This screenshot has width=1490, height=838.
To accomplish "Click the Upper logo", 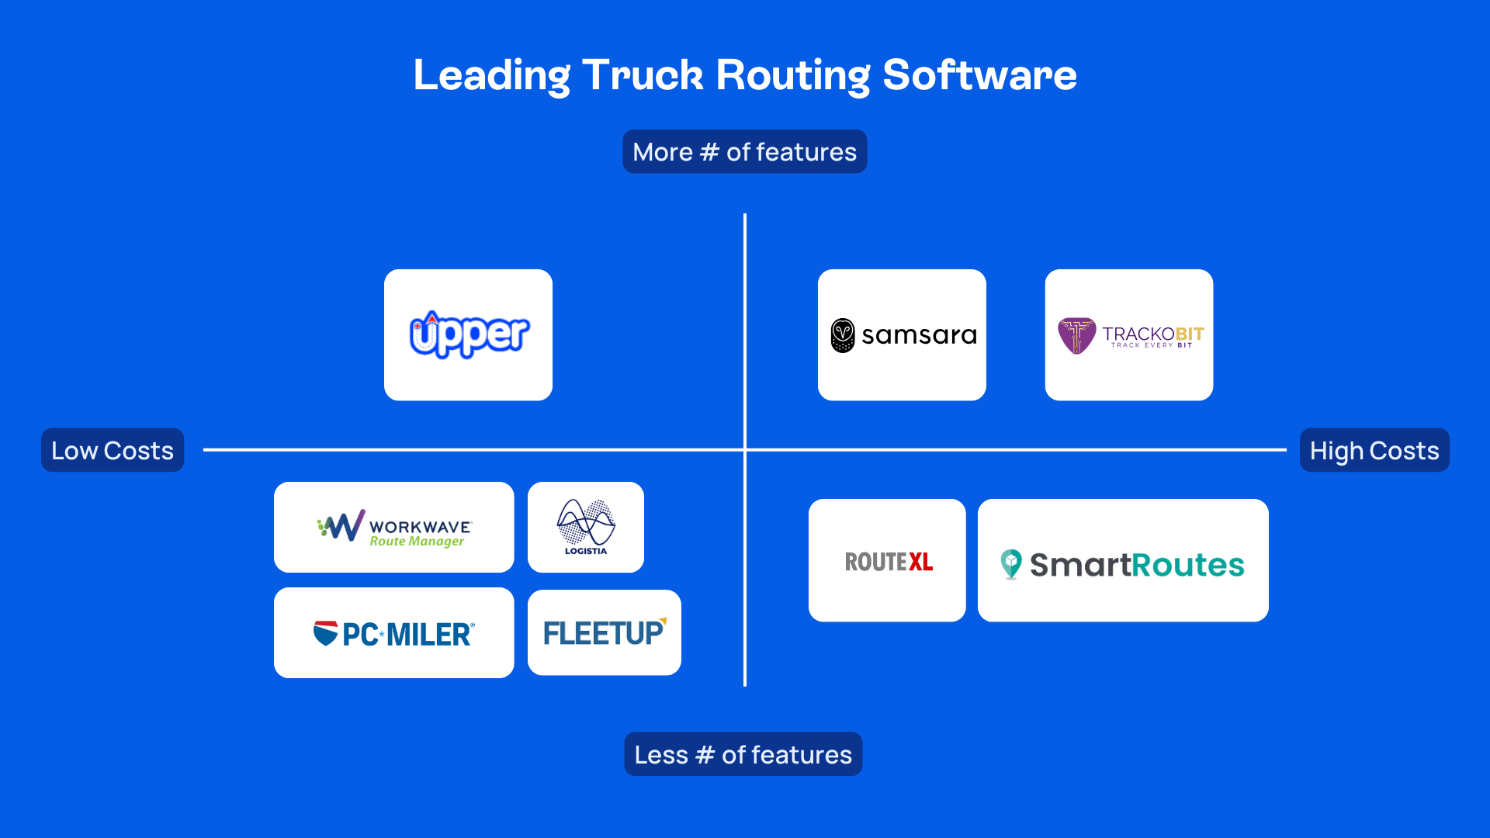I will coord(469,334).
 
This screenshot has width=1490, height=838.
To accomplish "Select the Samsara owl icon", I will coord(843,335).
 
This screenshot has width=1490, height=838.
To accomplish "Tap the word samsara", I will coord(919,335).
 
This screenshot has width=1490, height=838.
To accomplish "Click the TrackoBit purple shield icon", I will coord(1076,335).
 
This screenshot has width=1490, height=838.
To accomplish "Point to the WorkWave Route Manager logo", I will coord(394,528).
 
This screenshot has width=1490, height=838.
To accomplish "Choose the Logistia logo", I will coord(586,527).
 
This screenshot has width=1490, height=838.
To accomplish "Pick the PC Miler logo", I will coord(394,633).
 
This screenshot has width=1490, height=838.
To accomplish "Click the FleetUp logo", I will coord(604,632).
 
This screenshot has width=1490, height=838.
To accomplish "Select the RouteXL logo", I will coord(888,561).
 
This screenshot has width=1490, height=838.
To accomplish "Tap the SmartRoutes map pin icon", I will coord(1010,564).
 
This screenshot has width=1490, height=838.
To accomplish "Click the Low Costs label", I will coord(113,450).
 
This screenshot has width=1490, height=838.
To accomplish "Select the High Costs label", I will coord(1374,450).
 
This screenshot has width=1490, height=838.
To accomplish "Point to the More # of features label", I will coord(744,151).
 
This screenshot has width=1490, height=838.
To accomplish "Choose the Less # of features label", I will coord(743,754).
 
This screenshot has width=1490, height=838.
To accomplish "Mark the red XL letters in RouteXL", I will coord(920,561).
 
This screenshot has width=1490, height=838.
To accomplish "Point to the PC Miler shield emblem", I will coord(325,633).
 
